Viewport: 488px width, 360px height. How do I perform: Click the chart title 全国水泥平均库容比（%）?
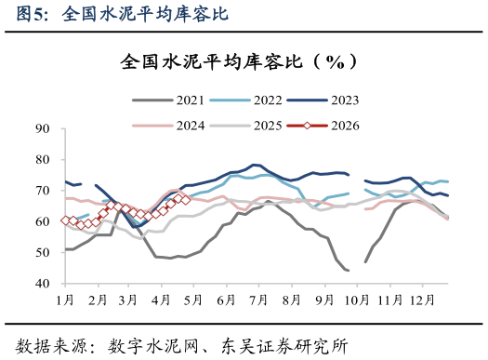[x=244, y=62]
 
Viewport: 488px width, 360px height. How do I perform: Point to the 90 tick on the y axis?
[x=43, y=128]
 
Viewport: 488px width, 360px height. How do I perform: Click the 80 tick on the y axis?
[x=43, y=160]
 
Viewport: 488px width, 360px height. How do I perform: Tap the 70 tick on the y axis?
[x=43, y=191]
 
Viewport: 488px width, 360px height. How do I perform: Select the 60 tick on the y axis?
[x=43, y=221]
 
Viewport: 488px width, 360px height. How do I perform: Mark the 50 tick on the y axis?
[x=43, y=253]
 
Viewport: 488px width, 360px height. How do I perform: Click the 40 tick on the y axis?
[x=43, y=284]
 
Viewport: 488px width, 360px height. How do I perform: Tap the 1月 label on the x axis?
[x=65, y=300]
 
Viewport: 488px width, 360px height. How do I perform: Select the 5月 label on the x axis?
[x=195, y=300]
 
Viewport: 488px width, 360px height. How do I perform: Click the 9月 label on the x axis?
[x=324, y=300]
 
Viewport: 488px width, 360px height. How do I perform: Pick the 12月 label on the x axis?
[x=423, y=300]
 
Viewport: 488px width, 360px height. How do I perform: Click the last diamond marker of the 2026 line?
[x=185, y=199]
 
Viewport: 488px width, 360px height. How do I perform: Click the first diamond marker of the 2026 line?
[x=65, y=220]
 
